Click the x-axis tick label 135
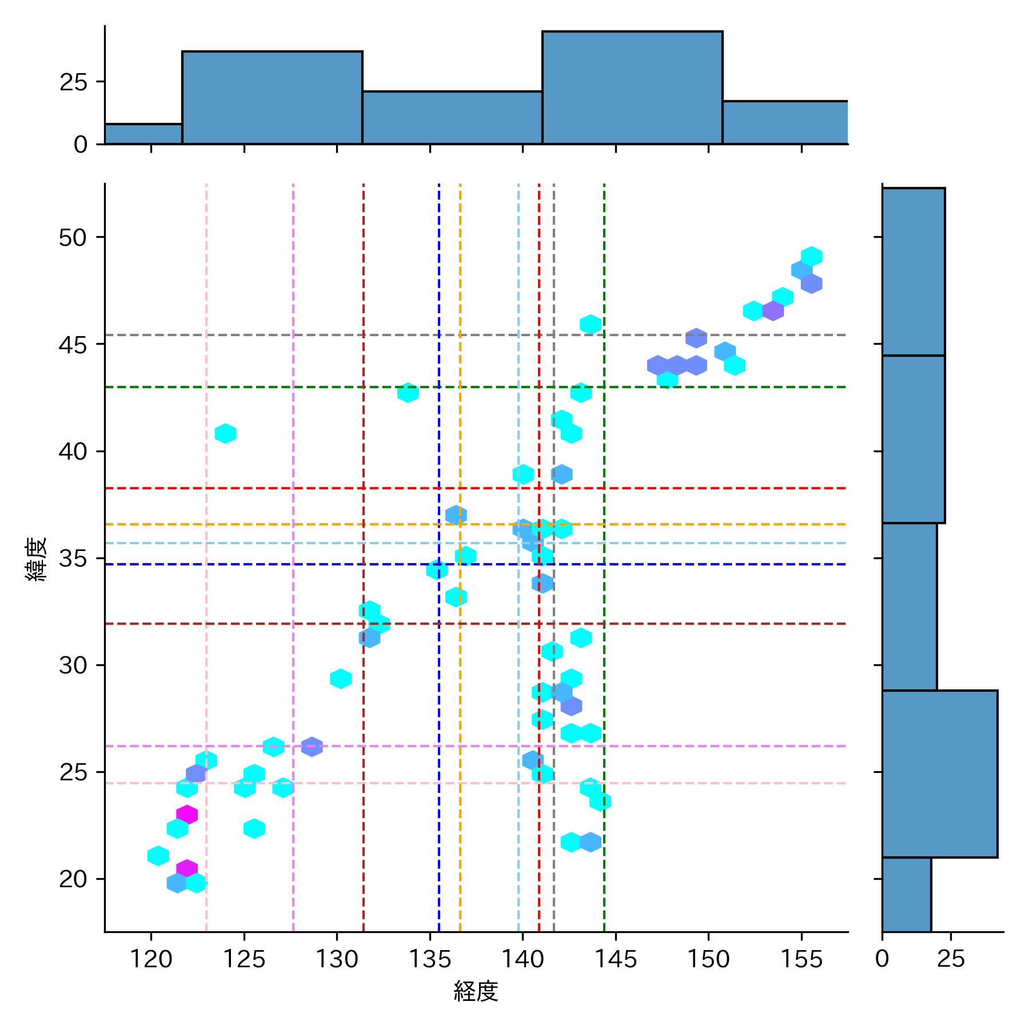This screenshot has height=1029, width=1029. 429,959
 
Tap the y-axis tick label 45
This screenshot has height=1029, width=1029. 73,345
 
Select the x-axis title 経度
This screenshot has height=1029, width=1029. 476,991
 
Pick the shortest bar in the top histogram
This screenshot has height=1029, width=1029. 143,134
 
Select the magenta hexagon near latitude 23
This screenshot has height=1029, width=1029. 187,814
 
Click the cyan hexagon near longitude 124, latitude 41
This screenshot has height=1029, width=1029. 225,433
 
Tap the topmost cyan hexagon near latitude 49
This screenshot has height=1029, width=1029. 811,257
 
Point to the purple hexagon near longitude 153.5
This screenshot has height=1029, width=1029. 773,311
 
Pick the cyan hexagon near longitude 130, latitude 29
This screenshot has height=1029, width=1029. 341,679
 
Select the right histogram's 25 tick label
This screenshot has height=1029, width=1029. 951,959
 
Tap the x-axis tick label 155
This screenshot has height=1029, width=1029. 801,959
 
